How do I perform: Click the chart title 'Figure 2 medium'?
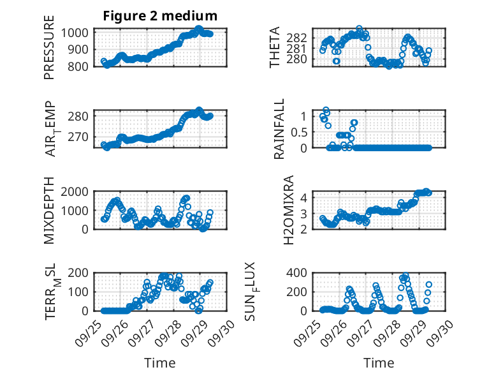click(160, 15)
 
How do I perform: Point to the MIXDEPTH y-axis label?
click(49, 210)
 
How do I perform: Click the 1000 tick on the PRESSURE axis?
click(77, 33)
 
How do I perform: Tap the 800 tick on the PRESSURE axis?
click(80, 66)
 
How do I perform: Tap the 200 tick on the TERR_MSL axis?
click(80, 273)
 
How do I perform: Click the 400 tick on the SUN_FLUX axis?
click(299, 273)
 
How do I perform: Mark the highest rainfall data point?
click(326, 110)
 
